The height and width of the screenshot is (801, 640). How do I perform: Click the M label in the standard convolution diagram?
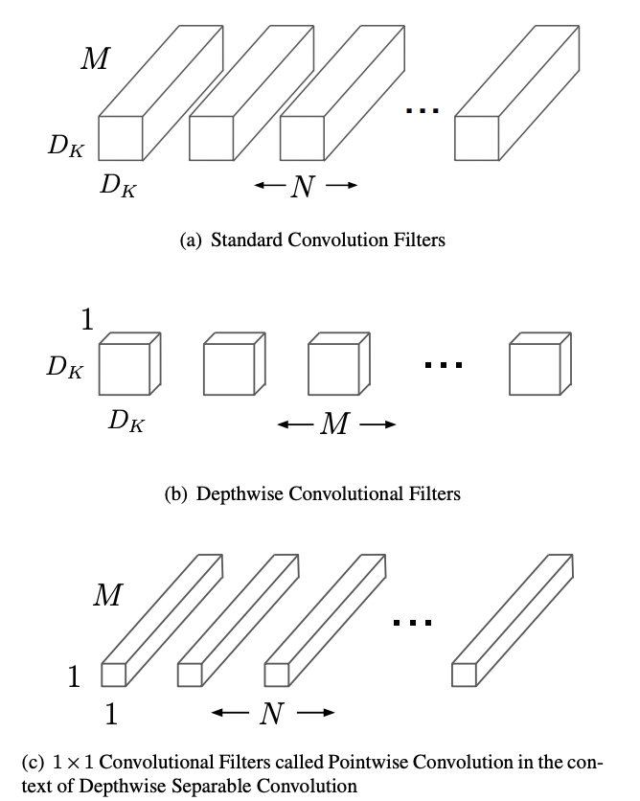point(94,60)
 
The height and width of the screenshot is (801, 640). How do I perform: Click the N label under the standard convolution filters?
point(303,187)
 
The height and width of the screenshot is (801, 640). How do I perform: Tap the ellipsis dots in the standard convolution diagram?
point(422,111)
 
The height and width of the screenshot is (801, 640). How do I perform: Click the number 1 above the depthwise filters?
point(87,320)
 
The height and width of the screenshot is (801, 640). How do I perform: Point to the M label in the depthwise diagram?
point(333,424)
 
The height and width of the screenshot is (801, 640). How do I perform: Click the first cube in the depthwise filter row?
point(126,365)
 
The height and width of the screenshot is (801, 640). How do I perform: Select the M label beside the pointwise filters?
point(107,596)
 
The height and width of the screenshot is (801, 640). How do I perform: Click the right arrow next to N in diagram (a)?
point(342,187)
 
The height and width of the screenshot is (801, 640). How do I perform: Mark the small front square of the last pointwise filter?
point(464,675)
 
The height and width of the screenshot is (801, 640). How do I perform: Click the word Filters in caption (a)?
point(418,240)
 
